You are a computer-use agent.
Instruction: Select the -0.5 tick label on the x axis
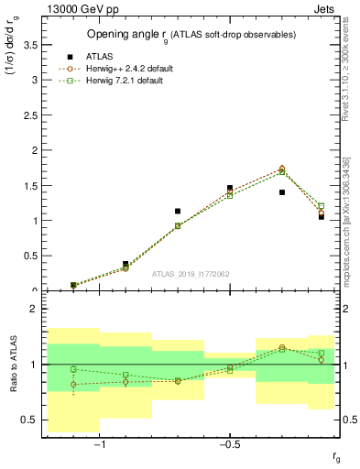click(229, 445)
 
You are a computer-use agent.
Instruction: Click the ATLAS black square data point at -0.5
click(230, 188)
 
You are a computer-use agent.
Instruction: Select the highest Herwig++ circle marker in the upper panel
click(282, 169)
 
